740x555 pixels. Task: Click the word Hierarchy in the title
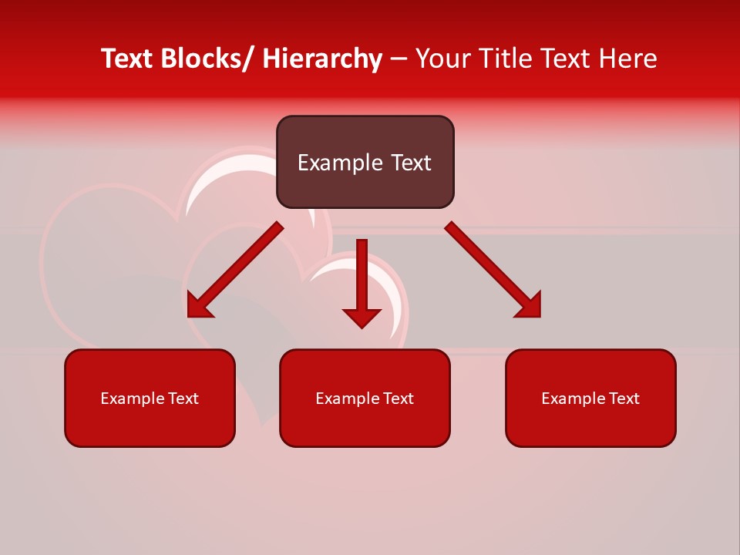[322, 59]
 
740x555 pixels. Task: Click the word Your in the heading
[442, 59]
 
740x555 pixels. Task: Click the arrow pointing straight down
[362, 277]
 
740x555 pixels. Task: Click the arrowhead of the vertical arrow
[362, 317]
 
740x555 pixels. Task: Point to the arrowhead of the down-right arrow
[530, 306]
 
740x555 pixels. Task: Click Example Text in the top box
[365, 163]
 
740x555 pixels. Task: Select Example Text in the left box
[150, 399]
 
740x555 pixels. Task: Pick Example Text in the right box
[590, 399]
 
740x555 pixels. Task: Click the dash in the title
[399, 59]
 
